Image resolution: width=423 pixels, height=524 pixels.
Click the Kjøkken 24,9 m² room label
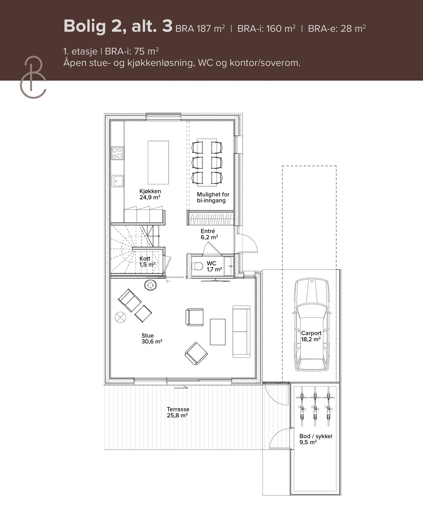(x=150, y=194)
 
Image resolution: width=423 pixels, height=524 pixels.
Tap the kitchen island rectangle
(x=158, y=162)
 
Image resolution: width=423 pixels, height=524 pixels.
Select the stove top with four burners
(x=117, y=153)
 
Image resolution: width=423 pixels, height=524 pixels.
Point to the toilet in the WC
(x=197, y=266)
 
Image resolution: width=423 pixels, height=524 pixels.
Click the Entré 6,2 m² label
(x=209, y=234)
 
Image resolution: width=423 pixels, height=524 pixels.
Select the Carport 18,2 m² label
(x=311, y=336)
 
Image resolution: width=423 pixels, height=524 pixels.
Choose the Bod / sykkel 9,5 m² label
(x=315, y=439)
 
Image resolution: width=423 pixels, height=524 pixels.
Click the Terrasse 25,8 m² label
(x=178, y=412)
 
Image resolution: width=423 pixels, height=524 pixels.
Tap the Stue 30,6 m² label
(x=151, y=338)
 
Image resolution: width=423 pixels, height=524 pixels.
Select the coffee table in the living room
(x=218, y=332)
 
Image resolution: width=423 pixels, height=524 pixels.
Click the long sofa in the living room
(x=241, y=331)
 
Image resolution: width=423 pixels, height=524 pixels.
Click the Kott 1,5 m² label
(x=147, y=262)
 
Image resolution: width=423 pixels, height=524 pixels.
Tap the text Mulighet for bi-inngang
(x=213, y=197)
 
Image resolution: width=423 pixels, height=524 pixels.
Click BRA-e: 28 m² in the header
(x=337, y=28)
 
